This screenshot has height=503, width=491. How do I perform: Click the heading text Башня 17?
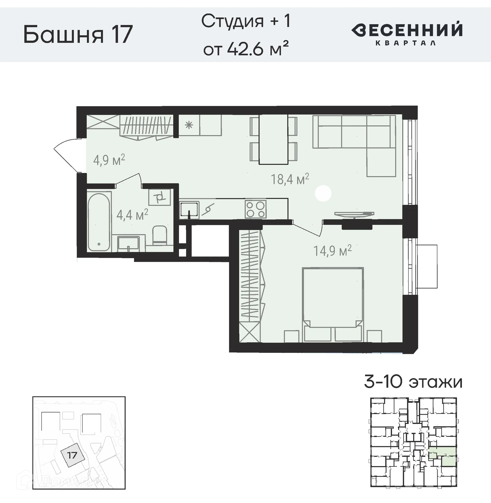tap(78, 35)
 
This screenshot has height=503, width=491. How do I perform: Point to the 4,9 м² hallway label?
tap(109, 160)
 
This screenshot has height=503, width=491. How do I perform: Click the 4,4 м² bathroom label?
tap(132, 215)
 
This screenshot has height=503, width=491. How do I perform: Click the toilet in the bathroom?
tap(160, 235)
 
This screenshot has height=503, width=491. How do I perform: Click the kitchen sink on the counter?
tap(189, 209)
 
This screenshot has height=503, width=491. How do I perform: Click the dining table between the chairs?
tap(273, 139)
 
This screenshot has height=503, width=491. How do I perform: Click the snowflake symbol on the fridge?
tap(189, 126)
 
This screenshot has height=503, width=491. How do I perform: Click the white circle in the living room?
tap(323, 193)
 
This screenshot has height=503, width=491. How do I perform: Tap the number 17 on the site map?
tap(72, 455)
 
